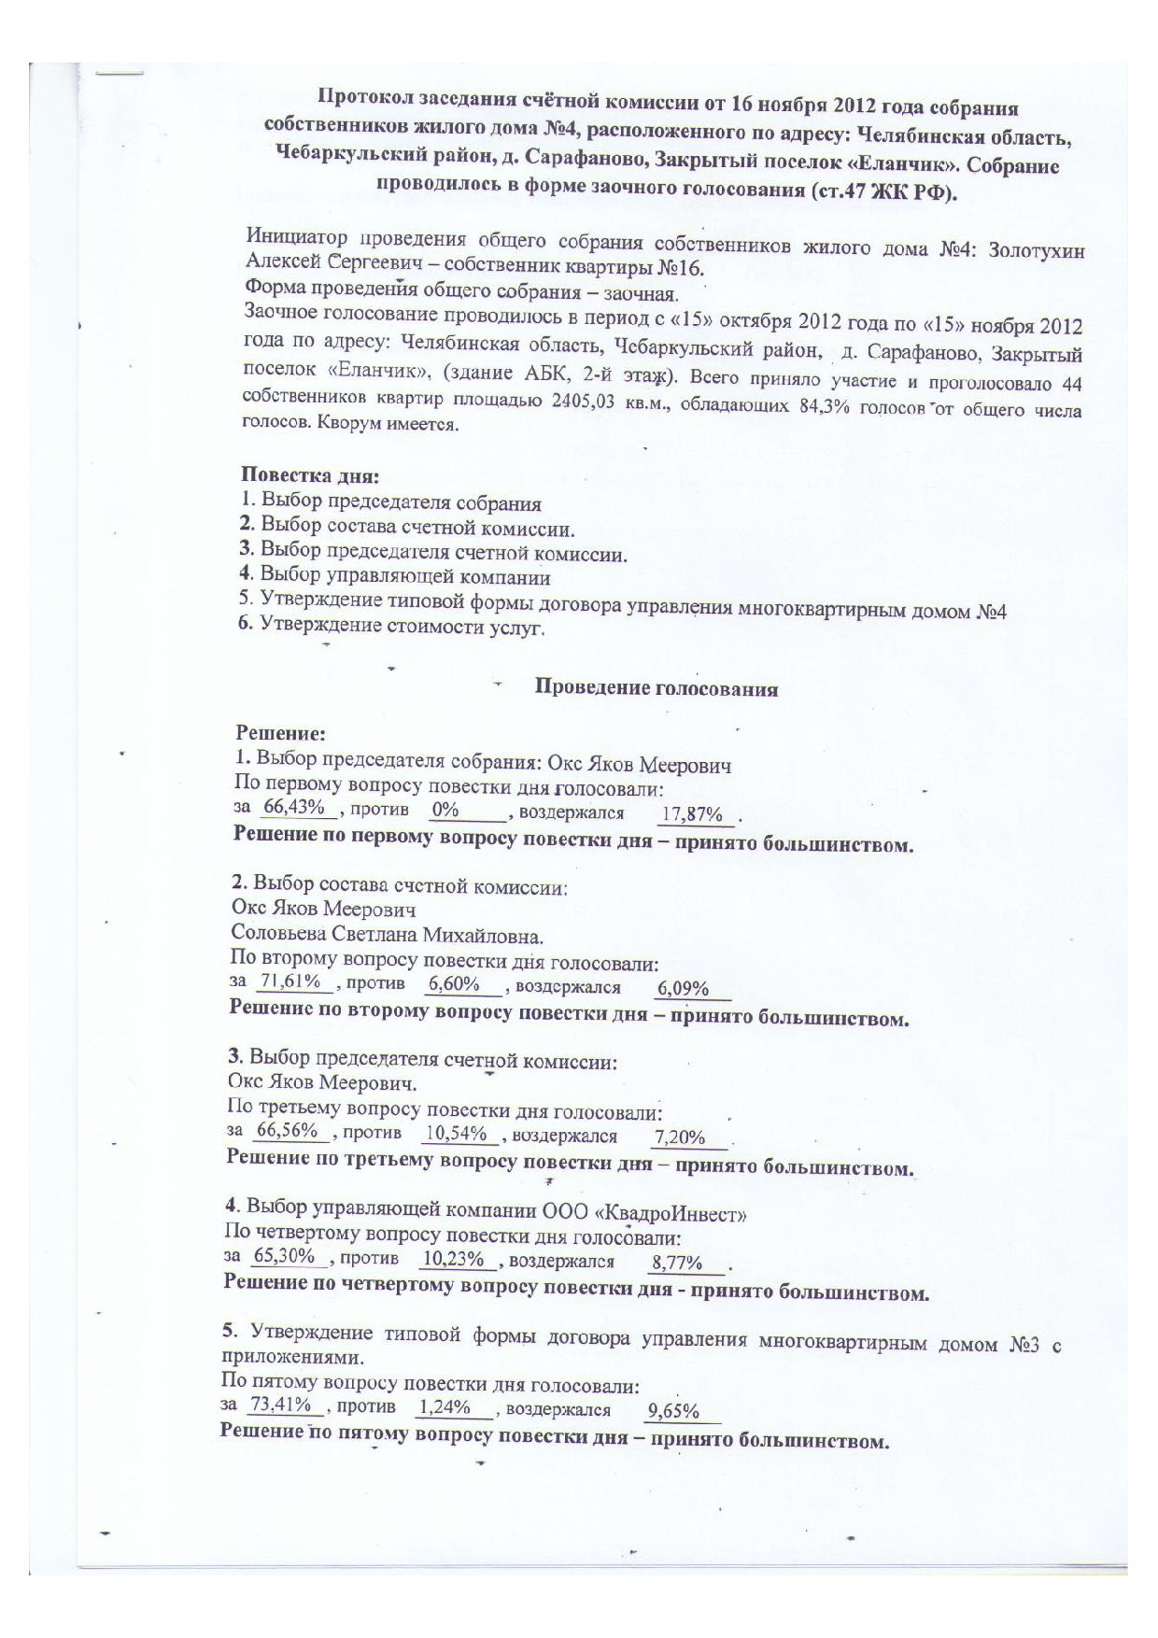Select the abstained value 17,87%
pos(692,814)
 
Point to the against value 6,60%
pos(453,983)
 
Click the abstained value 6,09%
pos(683,988)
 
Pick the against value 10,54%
pos(456,1134)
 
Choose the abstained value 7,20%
pos(680,1137)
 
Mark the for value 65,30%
pos(284,1256)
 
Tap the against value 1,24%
pos(445,1406)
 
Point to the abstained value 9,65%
pos(673,1411)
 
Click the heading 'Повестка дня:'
pos(310,476)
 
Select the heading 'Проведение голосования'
pos(656,689)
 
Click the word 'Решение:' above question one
pos(280,734)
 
